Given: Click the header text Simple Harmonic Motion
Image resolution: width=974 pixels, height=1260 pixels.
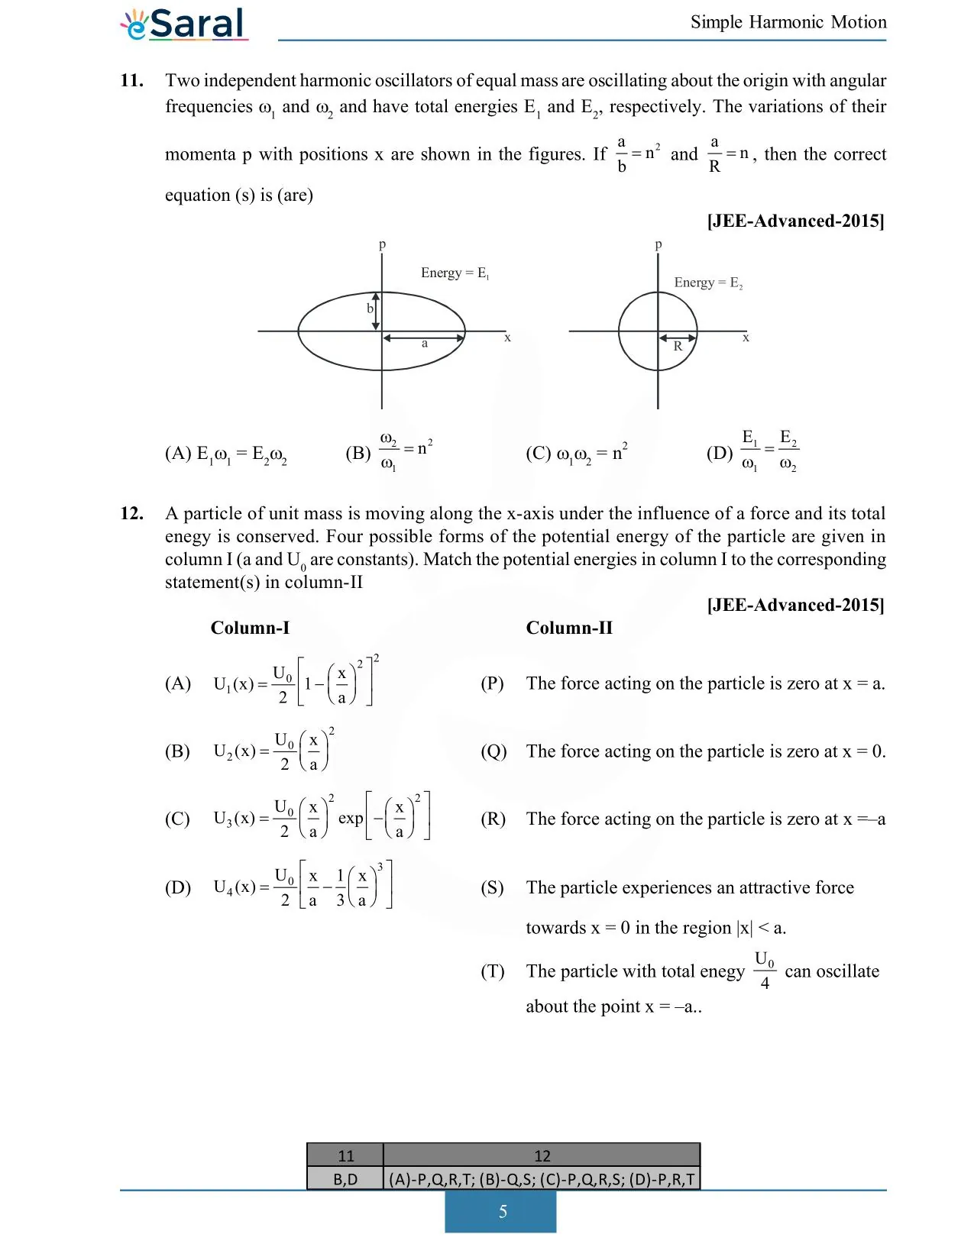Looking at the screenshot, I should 788,22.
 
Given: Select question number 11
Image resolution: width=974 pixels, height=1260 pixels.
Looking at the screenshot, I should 131,81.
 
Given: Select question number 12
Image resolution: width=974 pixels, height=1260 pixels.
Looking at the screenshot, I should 131,513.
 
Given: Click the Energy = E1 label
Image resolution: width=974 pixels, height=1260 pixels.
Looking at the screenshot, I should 455,273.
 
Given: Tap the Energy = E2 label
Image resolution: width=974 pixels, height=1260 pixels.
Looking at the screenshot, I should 707,283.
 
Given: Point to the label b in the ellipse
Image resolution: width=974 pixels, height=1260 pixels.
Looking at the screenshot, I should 370,309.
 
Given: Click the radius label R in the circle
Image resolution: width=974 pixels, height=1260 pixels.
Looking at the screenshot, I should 678,347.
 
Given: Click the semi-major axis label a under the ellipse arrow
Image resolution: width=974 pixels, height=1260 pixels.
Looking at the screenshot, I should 425,344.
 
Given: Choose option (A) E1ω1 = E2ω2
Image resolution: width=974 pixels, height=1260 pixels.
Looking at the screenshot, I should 226,454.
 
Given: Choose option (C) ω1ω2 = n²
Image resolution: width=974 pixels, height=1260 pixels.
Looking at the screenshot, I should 576,453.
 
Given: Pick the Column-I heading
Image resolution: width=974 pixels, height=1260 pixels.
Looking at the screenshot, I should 250,628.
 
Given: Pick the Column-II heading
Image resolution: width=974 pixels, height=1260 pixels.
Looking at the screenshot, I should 569,628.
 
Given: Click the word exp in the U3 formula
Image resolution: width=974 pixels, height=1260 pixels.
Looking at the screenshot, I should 351,818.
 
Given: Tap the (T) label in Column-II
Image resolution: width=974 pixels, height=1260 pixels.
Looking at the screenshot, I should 492,971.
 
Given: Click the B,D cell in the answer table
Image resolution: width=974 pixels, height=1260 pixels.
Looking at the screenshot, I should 345,1179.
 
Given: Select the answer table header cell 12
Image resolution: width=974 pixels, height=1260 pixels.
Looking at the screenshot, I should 542,1155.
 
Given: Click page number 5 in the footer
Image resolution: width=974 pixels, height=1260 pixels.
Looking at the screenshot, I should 502,1212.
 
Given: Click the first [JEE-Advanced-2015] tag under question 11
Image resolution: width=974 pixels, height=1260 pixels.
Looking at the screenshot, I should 795,221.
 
